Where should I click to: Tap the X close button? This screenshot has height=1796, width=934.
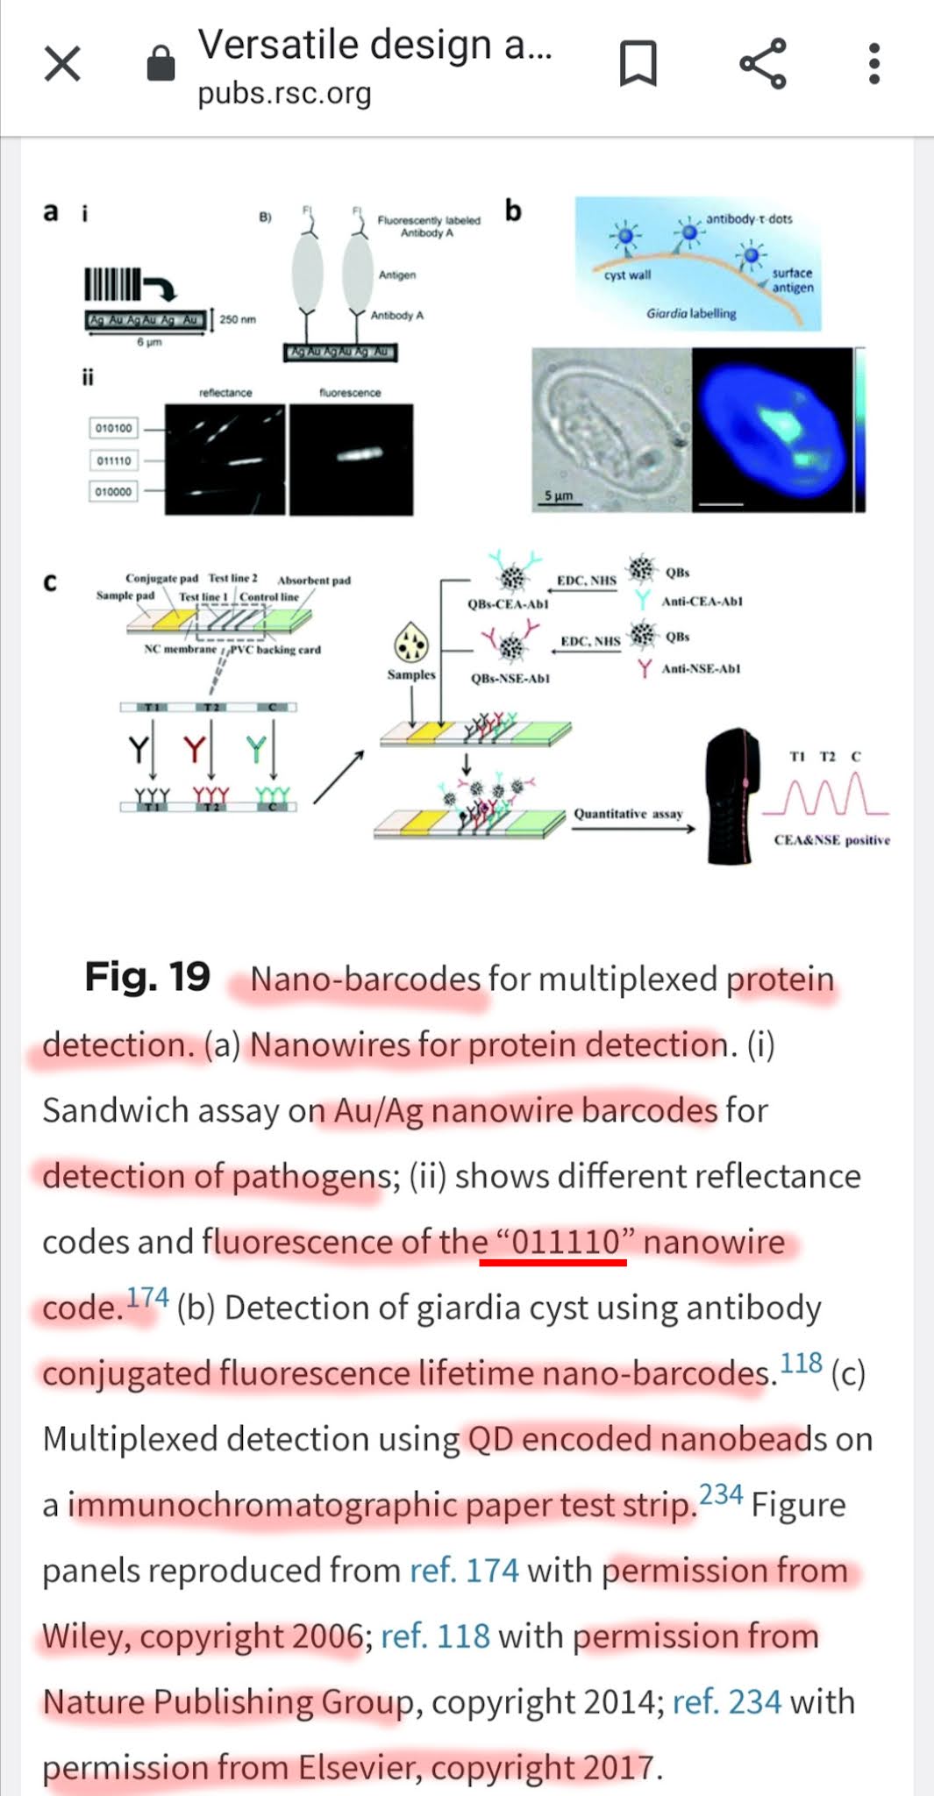(x=62, y=64)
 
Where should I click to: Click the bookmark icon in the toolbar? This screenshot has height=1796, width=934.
(x=638, y=63)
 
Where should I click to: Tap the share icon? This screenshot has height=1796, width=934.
(x=762, y=63)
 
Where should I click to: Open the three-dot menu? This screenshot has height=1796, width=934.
(x=873, y=63)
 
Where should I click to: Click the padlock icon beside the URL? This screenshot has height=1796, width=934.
(x=160, y=63)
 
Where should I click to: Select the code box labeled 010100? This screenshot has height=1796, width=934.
(x=113, y=428)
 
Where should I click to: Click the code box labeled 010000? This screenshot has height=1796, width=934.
(x=113, y=492)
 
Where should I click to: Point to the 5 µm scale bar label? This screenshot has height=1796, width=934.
(x=558, y=496)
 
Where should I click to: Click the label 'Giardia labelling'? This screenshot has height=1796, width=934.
(x=691, y=313)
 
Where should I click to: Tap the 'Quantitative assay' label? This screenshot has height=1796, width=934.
(x=628, y=814)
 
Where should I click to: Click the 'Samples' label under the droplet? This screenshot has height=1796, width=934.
(x=411, y=674)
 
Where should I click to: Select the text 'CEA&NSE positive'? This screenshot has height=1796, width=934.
(x=831, y=840)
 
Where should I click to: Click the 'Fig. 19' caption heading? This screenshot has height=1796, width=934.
(x=147, y=977)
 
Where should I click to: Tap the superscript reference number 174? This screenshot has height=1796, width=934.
(x=146, y=1298)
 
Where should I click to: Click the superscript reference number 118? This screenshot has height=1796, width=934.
(x=801, y=1364)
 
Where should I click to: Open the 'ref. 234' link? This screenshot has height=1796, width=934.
(x=726, y=1702)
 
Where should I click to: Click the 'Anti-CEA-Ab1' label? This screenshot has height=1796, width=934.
(x=702, y=602)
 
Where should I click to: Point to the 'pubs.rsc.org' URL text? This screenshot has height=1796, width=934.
(x=284, y=94)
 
